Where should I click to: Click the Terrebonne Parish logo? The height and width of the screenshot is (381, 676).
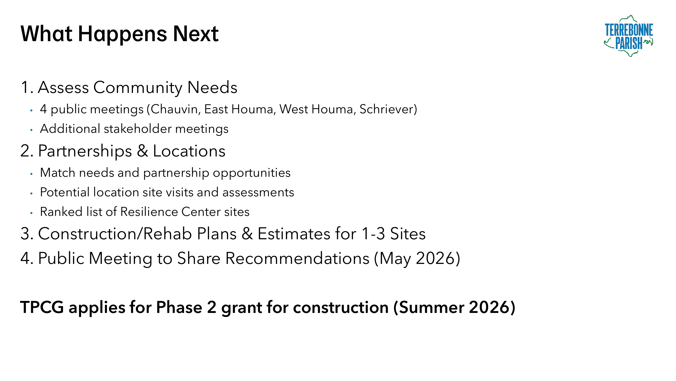point(629,36)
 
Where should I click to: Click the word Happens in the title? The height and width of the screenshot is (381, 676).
point(122,34)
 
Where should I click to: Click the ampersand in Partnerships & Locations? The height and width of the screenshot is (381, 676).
point(142,151)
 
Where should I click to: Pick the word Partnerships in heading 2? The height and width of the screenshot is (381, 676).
point(85,151)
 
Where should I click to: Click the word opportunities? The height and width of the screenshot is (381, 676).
point(252,173)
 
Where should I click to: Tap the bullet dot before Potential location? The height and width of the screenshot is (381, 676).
point(31,194)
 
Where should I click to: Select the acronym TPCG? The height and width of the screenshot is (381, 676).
point(42,307)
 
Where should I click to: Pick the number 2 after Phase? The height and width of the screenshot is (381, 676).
point(211,307)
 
